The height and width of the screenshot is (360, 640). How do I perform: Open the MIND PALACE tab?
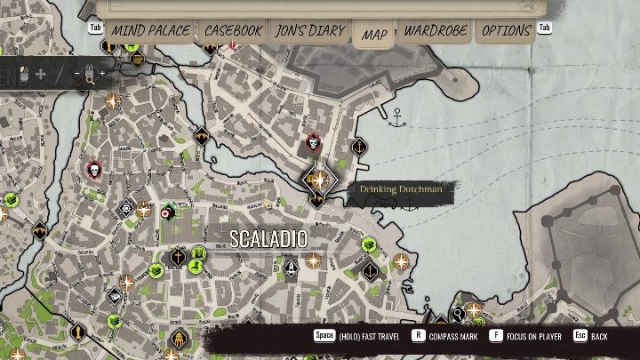[149, 31]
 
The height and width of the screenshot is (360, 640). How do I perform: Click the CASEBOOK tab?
[233, 31]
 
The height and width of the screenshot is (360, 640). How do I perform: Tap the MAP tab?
[374, 35]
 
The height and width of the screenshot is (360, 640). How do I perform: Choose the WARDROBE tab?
[436, 31]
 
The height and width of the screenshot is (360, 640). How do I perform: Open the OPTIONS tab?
[507, 31]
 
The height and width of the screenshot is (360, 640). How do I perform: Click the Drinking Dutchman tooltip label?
[400, 189]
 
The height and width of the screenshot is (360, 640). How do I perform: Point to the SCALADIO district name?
[268, 239]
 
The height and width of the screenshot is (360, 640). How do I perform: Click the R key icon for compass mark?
[418, 336]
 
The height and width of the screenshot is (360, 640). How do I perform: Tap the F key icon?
[495, 336]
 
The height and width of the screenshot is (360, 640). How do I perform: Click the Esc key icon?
[580, 336]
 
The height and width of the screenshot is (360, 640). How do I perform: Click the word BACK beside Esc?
[600, 337]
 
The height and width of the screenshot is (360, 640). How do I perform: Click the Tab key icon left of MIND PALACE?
[96, 28]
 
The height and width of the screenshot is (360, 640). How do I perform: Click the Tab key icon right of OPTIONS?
[545, 28]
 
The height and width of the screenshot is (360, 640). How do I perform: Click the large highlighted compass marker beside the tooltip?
[316, 180]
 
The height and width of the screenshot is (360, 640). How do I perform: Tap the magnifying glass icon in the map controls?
[89, 80]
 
